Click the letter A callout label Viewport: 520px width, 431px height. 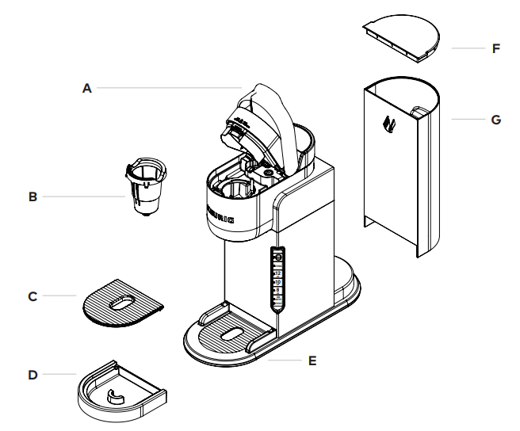(87, 89)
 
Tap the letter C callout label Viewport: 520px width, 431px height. (32, 296)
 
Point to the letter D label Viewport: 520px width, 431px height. (32, 374)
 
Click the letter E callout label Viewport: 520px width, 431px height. (312, 360)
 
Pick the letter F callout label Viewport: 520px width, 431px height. (495, 48)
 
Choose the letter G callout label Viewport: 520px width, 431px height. (495, 120)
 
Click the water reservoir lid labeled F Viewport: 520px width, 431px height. (401, 36)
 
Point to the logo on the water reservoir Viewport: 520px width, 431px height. (389, 124)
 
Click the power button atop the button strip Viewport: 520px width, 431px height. (277, 257)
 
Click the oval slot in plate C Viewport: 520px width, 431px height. (121, 302)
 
